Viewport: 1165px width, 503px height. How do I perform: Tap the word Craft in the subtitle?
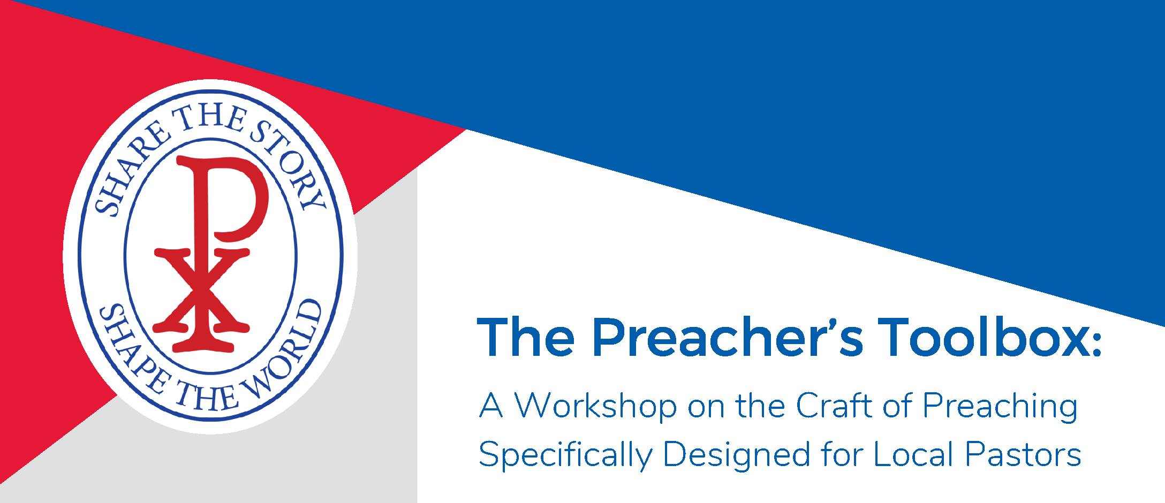click(834, 405)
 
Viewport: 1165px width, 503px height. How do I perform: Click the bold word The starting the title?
click(526, 337)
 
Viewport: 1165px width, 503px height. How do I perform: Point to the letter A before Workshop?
click(491, 405)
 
